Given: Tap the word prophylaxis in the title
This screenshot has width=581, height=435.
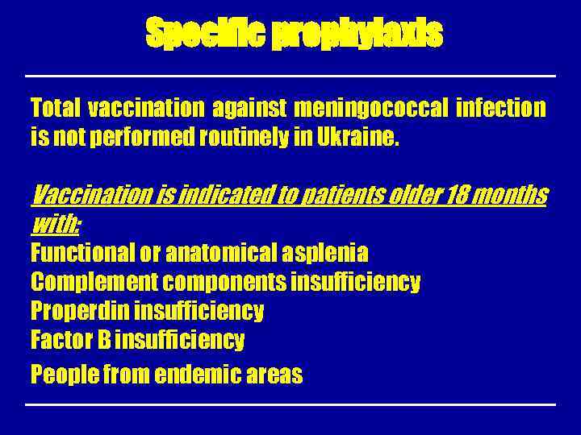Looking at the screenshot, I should [x=357, y=34].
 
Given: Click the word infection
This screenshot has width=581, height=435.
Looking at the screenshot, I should [x=500, y=107].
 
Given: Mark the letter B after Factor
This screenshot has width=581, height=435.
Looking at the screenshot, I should [x=104, y=340].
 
